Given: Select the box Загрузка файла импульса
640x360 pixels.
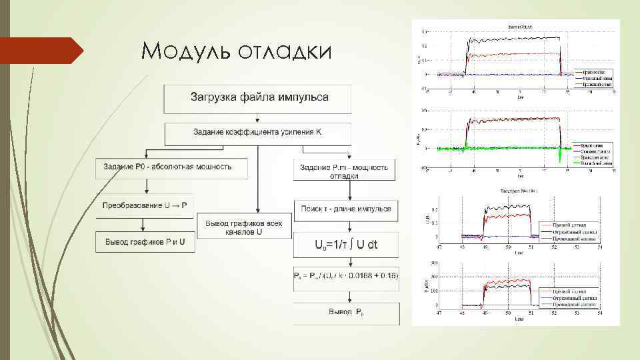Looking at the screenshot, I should [x=259, y=98].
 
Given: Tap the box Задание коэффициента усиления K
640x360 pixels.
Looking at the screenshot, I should [x=257, y=133].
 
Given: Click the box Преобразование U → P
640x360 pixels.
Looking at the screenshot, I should [x=146, y=205].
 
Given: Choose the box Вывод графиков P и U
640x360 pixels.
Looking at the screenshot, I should [x=146, y=242].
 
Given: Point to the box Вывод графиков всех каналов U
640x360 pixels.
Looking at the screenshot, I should [x=248, y=227].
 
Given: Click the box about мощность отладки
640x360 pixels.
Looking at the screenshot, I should [x=345, y=170].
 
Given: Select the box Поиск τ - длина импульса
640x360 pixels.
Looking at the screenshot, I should [x=345, y=208].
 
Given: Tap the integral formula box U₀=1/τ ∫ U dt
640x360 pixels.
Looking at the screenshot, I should [x=345, y=245].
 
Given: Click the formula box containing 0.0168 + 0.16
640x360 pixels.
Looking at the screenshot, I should [x=345, y=275].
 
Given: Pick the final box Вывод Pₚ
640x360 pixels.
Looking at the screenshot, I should [x=346, y=312].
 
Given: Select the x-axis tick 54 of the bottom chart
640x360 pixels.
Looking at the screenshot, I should [x=599, y=311].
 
